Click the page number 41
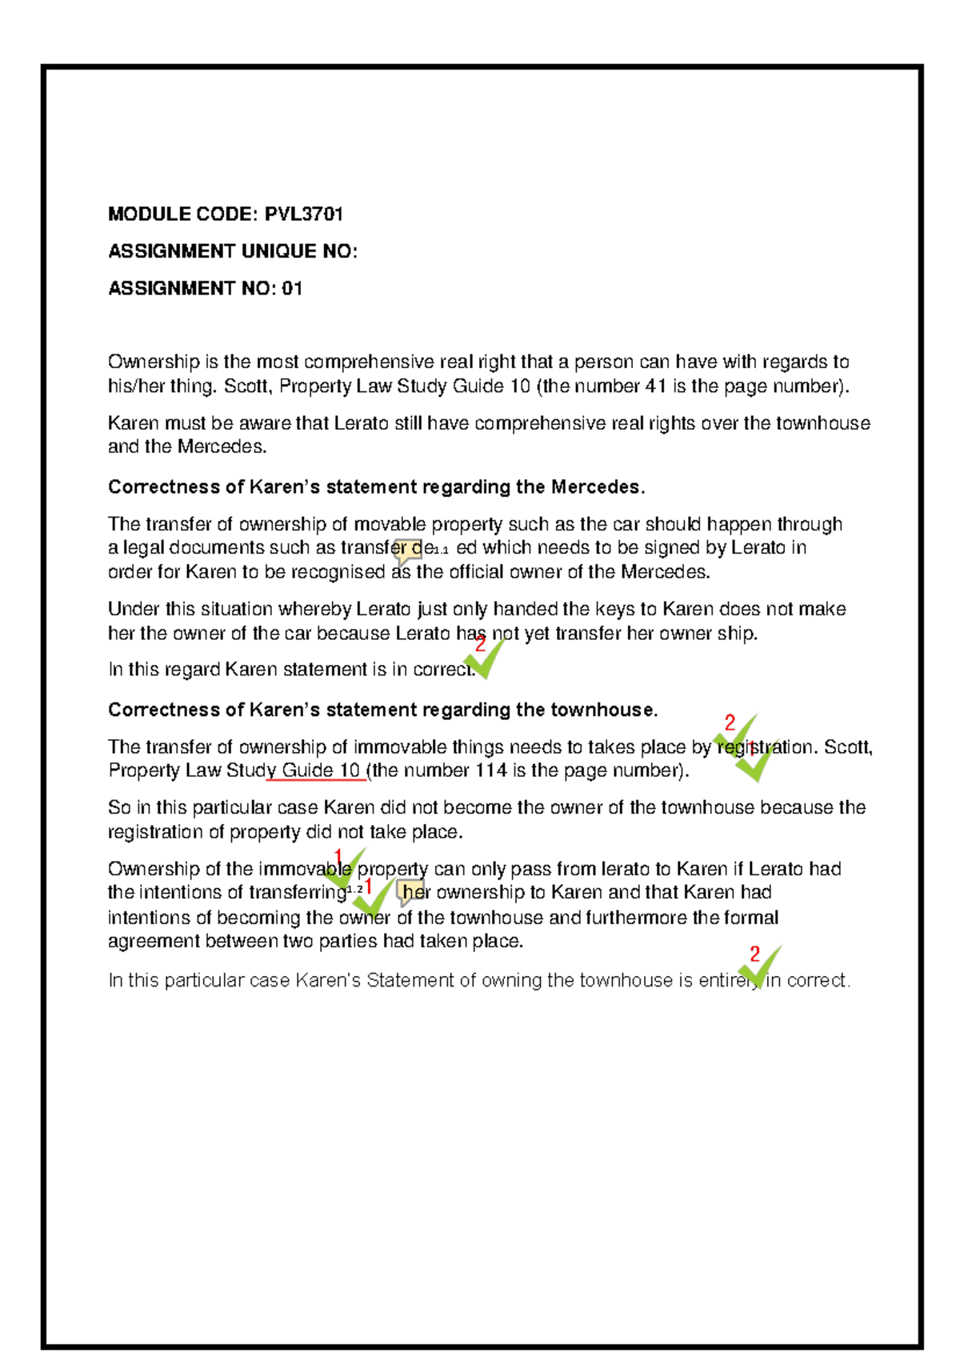click(x=655, y=386)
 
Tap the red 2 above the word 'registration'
click(x=730, y=723)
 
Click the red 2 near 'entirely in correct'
click(x=754, y=954)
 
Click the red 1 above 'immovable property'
click(x=338, y=856)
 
